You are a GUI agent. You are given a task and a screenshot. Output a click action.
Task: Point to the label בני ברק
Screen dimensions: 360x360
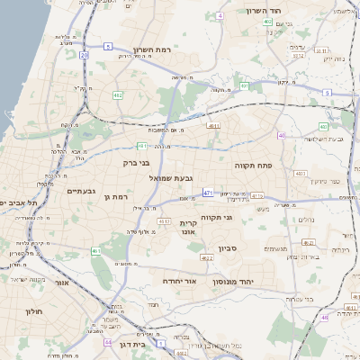coord(138,163)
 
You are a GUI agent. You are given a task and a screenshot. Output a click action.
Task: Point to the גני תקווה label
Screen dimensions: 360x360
coord(240,217)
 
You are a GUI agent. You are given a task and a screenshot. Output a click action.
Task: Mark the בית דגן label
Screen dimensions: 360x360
coord(133,343)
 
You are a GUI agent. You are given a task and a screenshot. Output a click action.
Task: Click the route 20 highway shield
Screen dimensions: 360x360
coord(84,55)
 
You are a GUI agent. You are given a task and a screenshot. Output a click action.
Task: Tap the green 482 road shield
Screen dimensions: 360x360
coord(118,94)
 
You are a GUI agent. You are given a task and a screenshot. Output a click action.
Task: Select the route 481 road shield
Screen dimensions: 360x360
coord(142,145)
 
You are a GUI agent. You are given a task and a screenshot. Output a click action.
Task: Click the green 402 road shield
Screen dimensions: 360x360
coord(268,21)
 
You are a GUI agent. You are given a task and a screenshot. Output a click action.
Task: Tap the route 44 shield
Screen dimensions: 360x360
coord(108,342)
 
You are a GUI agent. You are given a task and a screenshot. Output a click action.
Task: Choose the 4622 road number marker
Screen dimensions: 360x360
coord(207,258)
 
